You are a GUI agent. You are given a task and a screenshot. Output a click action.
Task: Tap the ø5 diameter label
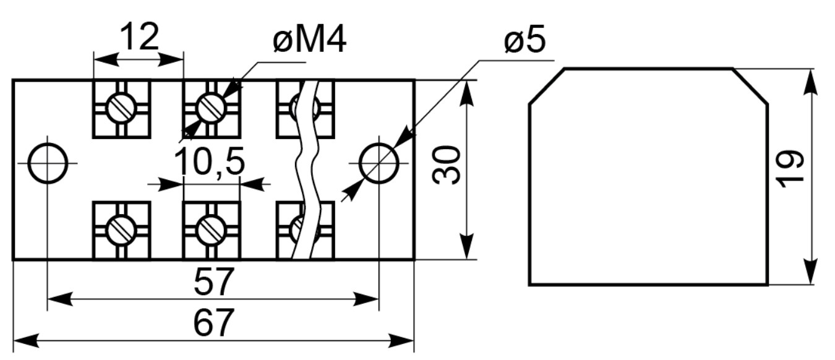(525, 39)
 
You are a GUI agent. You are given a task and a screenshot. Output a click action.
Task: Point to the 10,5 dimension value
(209, 161)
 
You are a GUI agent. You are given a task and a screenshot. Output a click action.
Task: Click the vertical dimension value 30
(446, 165)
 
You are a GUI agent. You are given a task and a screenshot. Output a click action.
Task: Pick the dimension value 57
(214, 281)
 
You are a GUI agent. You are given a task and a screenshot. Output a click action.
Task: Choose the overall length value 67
(214, 322)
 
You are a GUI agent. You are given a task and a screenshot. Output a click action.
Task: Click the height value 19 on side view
(789, 169)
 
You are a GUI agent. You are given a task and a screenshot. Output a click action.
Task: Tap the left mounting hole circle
(48, 163)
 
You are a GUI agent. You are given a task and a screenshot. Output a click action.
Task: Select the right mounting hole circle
(379, 163)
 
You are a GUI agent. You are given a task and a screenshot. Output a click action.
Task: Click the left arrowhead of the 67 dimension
(26, 341)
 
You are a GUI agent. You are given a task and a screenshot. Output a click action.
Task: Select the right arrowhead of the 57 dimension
(366, 299)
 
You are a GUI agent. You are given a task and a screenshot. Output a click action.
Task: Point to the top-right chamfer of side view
(750, 87)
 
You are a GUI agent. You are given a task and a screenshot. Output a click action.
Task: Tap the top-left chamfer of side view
(547, 87)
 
